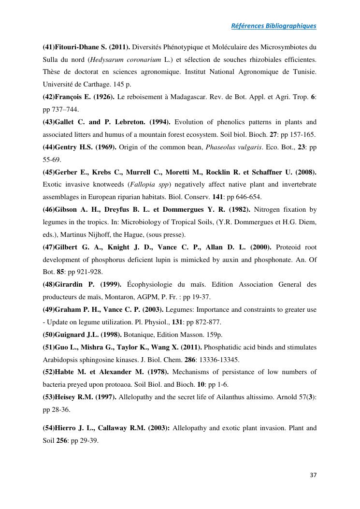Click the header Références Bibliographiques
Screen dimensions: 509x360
pos(274,26)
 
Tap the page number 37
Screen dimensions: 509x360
pos(313,475)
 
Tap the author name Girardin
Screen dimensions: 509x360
pos(72,284)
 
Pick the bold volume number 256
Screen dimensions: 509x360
pos(62,440)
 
